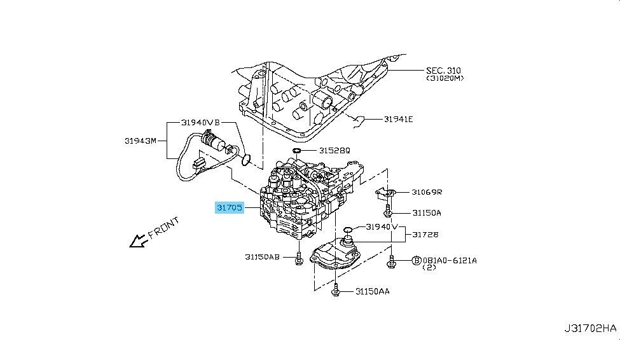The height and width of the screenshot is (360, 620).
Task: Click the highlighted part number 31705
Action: tap(230, 207)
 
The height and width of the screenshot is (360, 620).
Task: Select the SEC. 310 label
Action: tap(443, 71)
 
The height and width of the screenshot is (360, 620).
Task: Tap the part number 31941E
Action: tap(398, 119)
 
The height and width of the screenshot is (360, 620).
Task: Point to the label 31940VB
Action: tap(200, 122)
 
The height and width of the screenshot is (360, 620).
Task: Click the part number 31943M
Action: tap(141, 141)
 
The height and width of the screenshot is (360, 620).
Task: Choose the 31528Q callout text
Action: tap(334, 150)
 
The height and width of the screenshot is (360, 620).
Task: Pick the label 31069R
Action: tap(427, 192)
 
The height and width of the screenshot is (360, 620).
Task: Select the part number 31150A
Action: tap(427, 213)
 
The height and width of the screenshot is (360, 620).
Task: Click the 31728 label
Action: tap(425, 235)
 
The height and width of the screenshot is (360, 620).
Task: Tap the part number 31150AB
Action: tap(262, 257)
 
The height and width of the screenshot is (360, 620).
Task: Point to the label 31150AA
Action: tap(373, 291)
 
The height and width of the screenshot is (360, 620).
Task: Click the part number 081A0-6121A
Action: tap(450, 261)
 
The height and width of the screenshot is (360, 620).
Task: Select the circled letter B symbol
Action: tap(417, 261)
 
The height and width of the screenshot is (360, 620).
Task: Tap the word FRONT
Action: tap(163, 228)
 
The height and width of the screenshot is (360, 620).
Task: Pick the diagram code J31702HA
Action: tap(590, 328)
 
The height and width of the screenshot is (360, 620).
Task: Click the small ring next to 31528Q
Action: tap(297, 150)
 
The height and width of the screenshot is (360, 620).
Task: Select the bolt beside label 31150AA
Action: tap(336, 290)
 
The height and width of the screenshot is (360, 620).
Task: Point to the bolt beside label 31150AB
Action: tap(298, 258)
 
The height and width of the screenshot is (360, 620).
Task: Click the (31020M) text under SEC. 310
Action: tap(444, 78)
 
